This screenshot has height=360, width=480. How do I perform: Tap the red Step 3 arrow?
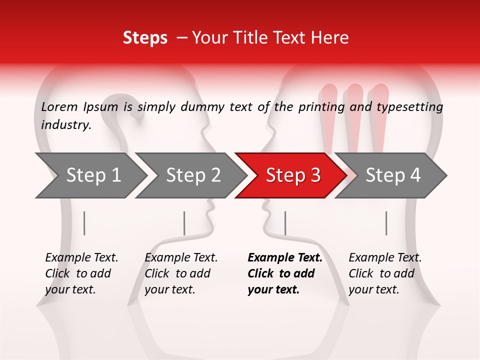coord(293,175)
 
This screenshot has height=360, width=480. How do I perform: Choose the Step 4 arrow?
coord(393,175)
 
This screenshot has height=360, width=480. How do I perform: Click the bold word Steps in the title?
coord(145,38)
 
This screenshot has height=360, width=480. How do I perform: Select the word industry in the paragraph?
coord(65,125)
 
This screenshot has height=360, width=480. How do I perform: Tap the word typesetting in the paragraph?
coord(409,107)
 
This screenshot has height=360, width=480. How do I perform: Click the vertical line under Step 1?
coord(84,223)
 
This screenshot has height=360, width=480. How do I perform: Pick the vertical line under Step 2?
coord(184,223)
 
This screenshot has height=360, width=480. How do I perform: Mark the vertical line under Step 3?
coord(285,223)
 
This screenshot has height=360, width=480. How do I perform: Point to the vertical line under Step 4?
coord(386,223)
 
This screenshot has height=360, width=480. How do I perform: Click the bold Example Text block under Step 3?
coord(284,273)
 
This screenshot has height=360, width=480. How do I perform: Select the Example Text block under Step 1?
coord(81,273)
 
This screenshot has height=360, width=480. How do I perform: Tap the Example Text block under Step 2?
coord(181,273)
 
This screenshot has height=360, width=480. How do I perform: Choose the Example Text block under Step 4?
coord(385,273)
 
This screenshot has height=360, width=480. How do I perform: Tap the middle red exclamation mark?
coord(354,115)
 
